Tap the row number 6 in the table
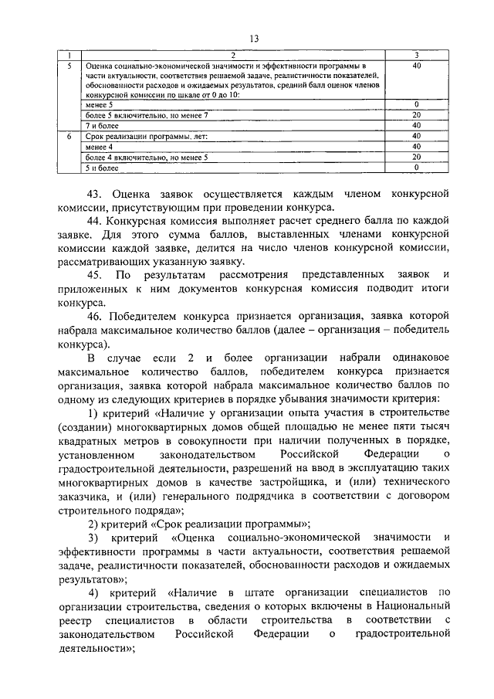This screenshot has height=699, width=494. (x=69, y=136)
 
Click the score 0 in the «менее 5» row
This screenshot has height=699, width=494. (x=416, y=103)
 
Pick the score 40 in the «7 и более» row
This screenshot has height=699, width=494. (x=416, y=124)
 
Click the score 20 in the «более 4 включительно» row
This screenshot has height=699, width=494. (x=416, y=157)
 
